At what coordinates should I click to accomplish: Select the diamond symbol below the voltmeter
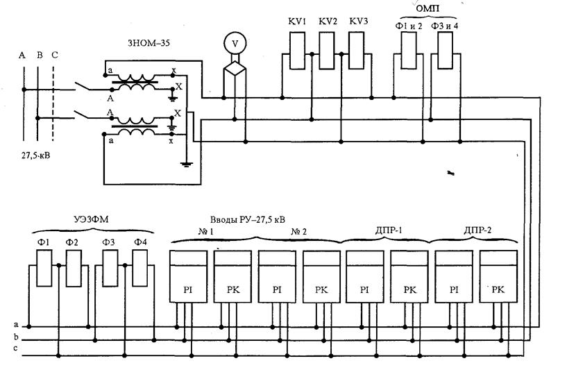point(235,69)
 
